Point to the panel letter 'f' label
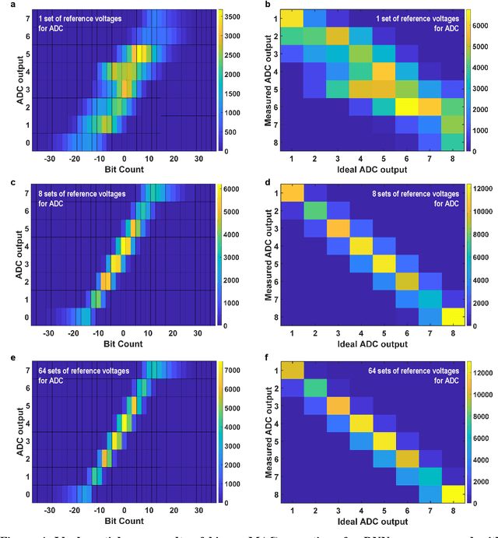pos(259,357)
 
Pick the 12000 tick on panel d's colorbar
pos(487,188)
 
